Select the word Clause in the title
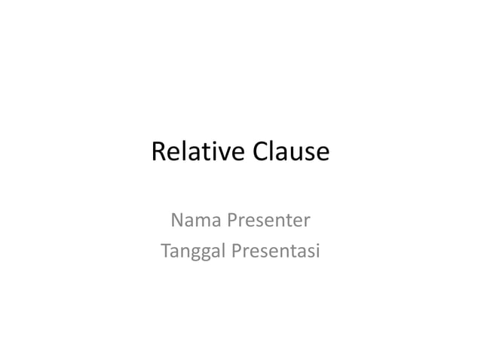pyautogui.click(x=292, y=152)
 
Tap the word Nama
pyautogui.click(x=191, y=221)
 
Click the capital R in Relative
pyautogui.click(x=158, y=152)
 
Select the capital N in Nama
pyautogui.click(x=178, y=221)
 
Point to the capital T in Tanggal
pyautogui.click(x=165, y=250)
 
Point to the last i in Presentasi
pyautogui.click(x=317, y=250)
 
